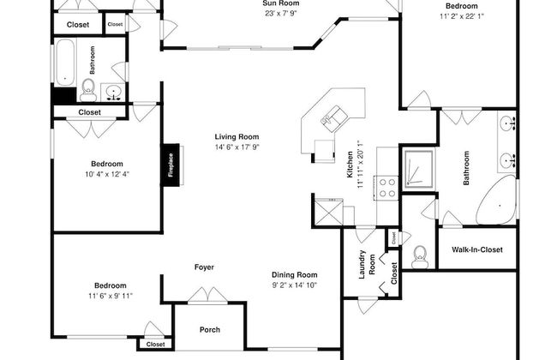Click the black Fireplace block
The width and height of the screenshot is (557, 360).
click(171, 165)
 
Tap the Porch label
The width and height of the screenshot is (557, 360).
click(210, 330)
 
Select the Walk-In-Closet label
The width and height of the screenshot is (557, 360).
click(477, 249)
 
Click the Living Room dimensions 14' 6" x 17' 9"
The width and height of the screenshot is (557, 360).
click(237, 147)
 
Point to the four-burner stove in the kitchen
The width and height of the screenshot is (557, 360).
click(386, 188)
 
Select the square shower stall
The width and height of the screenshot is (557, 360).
click(418, 170)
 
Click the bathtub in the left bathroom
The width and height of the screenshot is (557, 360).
click(65, 62)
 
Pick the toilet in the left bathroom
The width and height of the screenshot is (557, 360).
click(88, 90)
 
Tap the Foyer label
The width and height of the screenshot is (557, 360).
click(204, 267)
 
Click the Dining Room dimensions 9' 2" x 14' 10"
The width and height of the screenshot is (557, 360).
click(294, 285)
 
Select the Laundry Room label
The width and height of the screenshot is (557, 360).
click(367, 264)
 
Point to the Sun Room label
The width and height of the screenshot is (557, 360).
click(281, 3)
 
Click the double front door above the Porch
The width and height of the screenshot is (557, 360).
click(207, 295)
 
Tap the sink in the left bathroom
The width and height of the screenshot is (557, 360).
click(113, 93)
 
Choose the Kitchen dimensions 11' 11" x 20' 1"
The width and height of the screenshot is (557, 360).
click(360, 165)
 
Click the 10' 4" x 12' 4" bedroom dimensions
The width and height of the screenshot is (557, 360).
click(107, 174)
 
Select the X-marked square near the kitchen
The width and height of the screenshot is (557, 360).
click(328, 213)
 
